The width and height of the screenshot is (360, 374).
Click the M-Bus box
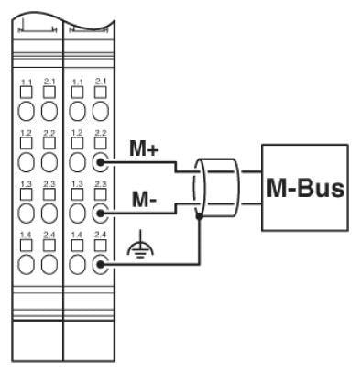[305, 187]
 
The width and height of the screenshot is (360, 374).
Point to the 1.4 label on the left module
[27, 235]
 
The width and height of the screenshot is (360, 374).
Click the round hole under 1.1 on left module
[27, 113]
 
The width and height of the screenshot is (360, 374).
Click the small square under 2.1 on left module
[49, 94]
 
